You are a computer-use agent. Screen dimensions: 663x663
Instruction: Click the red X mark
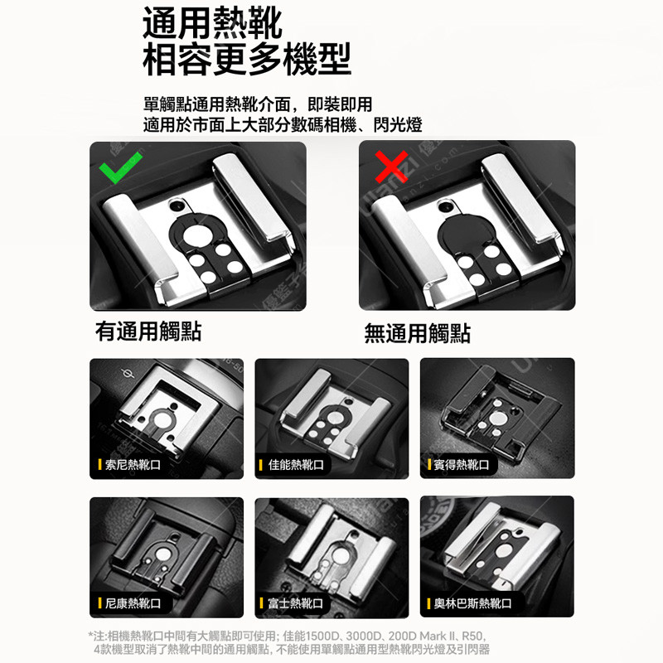[391, 167]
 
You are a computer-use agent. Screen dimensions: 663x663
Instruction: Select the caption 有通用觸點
[148, 331]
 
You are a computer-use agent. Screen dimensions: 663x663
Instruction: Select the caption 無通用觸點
[418, 333]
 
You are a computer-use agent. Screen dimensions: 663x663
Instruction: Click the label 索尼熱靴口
[133, 465]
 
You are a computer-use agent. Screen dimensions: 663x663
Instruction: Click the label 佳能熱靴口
[296, 465]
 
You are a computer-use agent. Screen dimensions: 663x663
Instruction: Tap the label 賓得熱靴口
[461, 465]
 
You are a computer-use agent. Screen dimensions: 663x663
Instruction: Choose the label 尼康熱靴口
[133, 603]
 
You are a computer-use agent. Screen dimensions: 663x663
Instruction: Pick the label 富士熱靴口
[296, 603]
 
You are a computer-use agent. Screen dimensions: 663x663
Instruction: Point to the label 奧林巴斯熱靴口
[472, 603]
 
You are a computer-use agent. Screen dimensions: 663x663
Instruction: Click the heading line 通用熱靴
[212, 24]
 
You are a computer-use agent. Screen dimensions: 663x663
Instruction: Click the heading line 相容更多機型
[247, 59]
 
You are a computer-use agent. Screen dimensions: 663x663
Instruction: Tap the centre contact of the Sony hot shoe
[162, 419]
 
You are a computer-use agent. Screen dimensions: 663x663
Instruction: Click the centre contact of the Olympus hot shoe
[505, 550]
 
